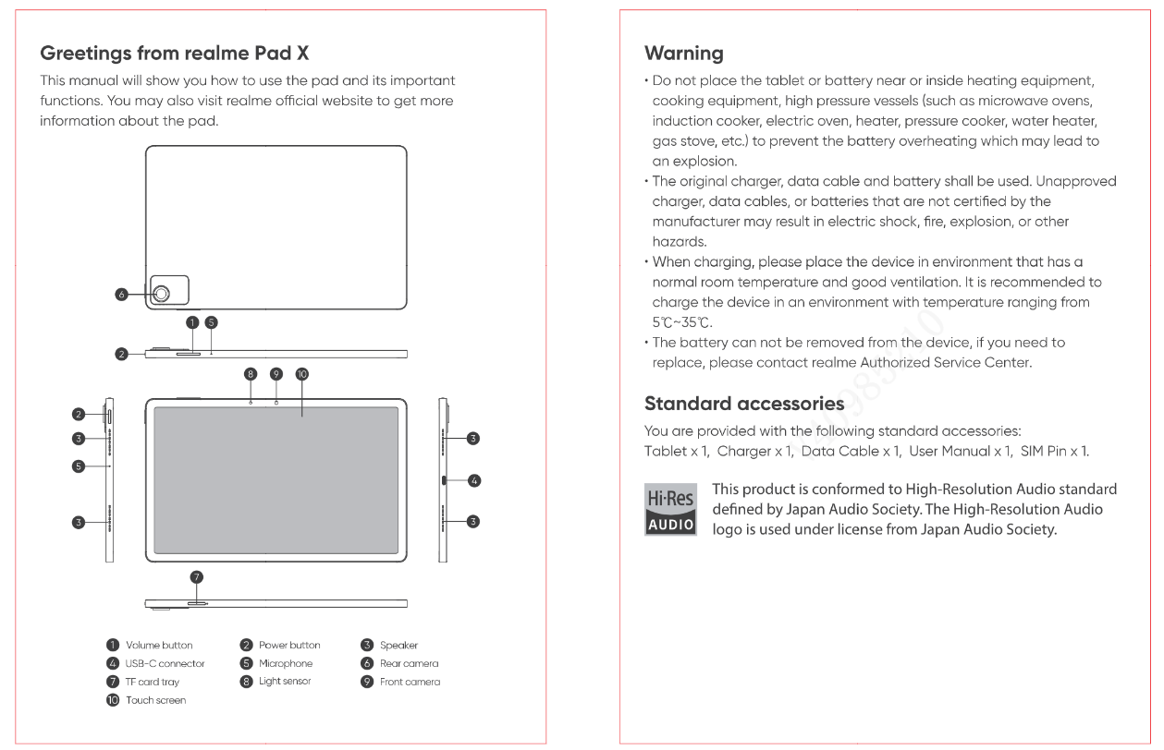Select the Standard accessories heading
[x=743, y=404]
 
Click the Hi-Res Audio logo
[x=670, y=507]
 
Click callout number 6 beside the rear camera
[x=121, y=295]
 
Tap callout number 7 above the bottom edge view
[x=196, y=576]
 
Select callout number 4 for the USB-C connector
[x=473, y=480]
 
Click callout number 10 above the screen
[x=301, y=374]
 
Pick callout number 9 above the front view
[x=276, y=374]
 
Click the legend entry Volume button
[x=159, y=646]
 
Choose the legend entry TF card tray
[x=153, y=682]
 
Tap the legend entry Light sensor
[x=284, y=682]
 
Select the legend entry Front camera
[x=410, y=682]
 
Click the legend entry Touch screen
[x=155, y=700]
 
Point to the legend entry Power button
[x=289, y=646]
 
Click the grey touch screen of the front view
[x=276, y=480]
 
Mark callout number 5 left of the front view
[x=80, y=466]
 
